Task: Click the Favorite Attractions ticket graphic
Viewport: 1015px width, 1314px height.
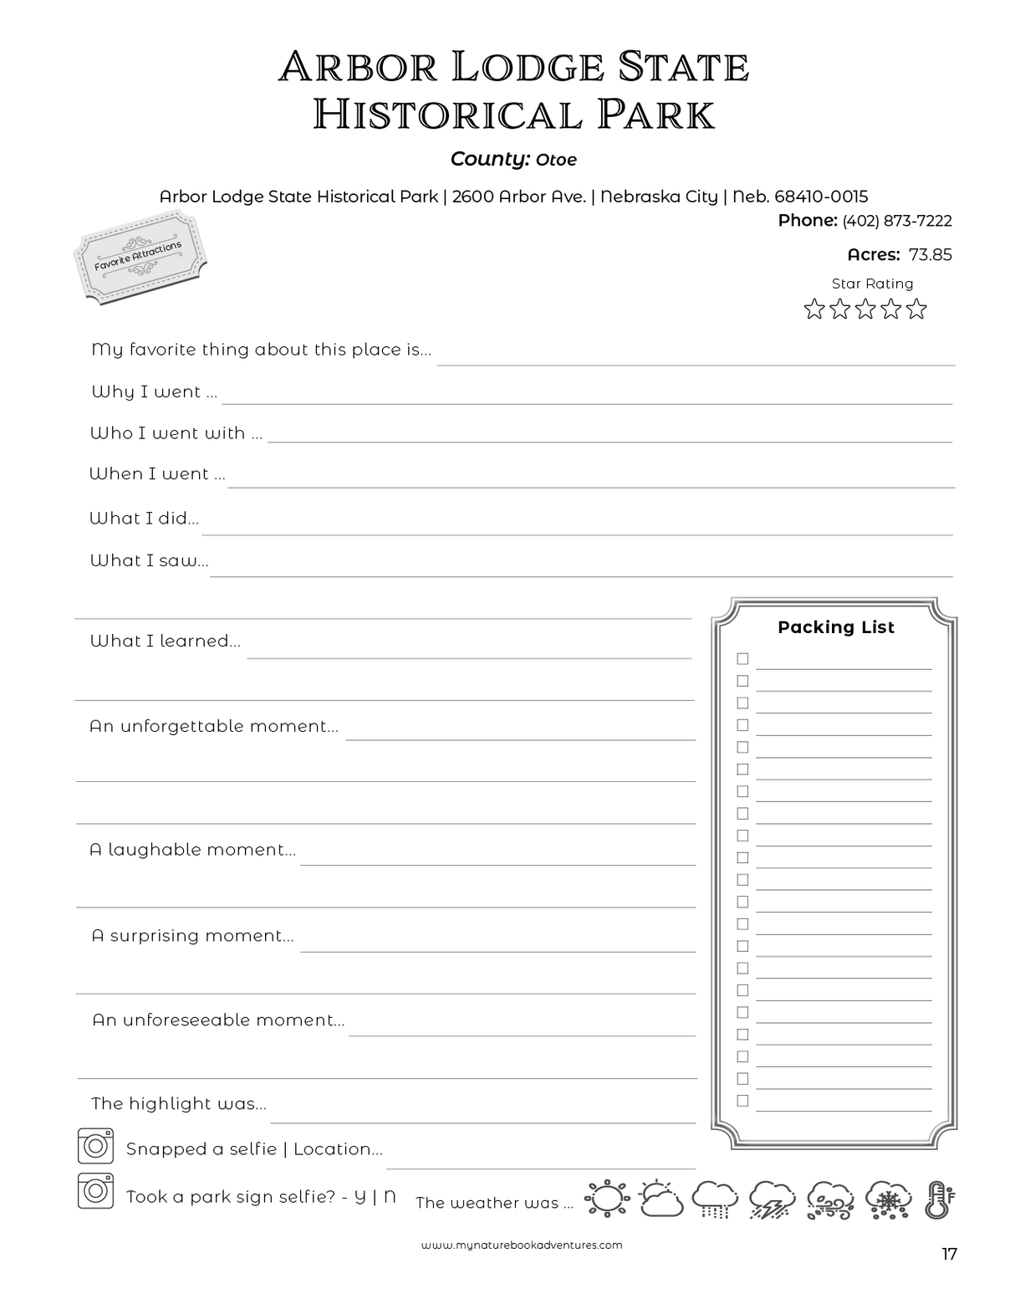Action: coord(140,257)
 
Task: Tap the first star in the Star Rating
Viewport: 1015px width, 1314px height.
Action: coord(814,309)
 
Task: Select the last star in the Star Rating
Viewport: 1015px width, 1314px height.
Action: coord(917,309)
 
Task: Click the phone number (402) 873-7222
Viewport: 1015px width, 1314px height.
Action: coord(896,221)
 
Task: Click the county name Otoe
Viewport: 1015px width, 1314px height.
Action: coord(556,160)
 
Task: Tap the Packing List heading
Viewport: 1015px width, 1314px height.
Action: coord(835,627)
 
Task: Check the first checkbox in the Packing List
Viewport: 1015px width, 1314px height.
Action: coord(742,659)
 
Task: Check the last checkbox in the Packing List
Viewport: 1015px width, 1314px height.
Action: coord(742,1101)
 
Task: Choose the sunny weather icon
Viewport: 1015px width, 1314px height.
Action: coord(606,1199)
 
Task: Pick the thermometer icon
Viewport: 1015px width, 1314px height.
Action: coord(939,1199)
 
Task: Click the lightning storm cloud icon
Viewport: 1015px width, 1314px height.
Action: coord(772,1199)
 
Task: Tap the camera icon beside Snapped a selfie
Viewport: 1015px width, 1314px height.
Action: coord(95,1146)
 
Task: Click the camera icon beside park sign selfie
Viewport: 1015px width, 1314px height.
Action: coord(95,1191)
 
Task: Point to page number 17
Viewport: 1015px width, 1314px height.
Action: coord(949,1254)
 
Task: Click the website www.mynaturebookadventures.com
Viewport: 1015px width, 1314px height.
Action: coord(522,1245)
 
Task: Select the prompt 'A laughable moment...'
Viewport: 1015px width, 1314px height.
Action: coord(192,850)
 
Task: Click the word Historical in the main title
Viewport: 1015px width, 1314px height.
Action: coord(447,115)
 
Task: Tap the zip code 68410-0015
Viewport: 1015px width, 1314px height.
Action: coord(821,197)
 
